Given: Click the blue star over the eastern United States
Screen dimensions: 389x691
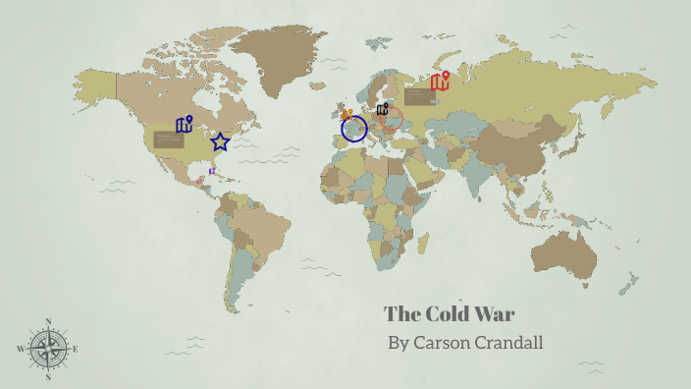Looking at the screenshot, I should click(x=221, y=142).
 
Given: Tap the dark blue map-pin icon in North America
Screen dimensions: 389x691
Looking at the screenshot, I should click(x=185, y=125).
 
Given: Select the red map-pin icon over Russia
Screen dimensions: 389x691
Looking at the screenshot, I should click(x=440, y=82).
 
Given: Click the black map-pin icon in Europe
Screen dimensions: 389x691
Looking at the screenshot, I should click(x=382, y=109).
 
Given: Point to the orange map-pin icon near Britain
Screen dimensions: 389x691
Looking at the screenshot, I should click(x=347, y=114).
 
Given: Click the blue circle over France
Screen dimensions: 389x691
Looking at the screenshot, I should click(x=354, y=129).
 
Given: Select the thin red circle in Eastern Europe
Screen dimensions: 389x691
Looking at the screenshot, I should click(x=392, y=120).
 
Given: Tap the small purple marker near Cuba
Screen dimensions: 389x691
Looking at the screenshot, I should click(x=212, y=172).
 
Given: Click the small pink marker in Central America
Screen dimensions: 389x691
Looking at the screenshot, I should click(x=200, y=181).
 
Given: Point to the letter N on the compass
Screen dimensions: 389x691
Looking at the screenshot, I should click(x=48, y=321).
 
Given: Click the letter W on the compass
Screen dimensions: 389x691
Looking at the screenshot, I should click(x=21, y=349).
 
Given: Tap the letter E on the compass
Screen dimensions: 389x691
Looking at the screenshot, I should click(x=76, y=349).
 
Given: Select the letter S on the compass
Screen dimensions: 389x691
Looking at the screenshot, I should click(x=48, y=376).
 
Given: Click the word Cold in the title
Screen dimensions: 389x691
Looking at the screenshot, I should click(x=449, y=314).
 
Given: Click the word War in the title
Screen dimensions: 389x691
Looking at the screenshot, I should click(x=496, y=314).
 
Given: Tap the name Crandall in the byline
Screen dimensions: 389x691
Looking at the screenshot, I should click(x=507, y=343).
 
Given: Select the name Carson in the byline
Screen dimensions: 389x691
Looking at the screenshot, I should click(x=440, y=343).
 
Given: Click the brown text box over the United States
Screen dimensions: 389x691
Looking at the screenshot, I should click(x=169, y=139).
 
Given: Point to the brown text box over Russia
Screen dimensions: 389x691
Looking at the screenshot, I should click(x=419, y=96).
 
